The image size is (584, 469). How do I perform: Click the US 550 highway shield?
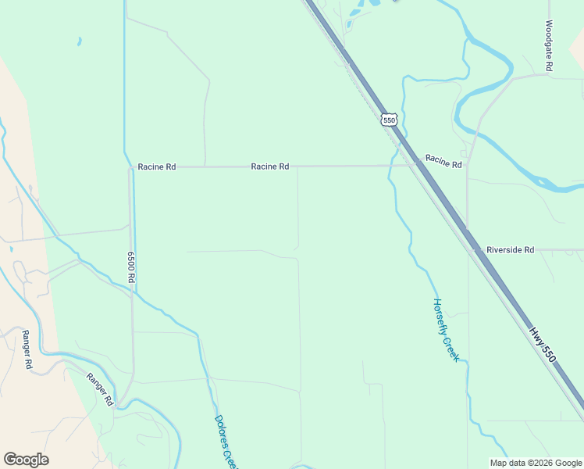(390, 119)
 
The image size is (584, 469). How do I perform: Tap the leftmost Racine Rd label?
(157, 166)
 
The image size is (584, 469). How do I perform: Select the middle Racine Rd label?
(270, 166)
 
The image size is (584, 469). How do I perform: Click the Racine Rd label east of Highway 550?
(443, 163)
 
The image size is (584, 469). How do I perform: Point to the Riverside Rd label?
(510, 249)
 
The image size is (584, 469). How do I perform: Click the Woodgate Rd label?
(549, 46)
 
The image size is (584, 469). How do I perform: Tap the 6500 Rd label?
(131, 267)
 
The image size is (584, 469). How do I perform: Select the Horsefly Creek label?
(445, 330)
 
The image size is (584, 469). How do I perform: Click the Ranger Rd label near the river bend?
(100, 389)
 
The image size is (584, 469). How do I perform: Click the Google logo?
(26, 460)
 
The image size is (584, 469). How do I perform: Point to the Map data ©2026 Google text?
(536, 463)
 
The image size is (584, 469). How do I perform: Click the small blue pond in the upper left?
(79, 41)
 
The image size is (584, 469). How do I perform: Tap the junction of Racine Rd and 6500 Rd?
(130, 166)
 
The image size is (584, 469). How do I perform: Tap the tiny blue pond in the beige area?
(11, 249)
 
